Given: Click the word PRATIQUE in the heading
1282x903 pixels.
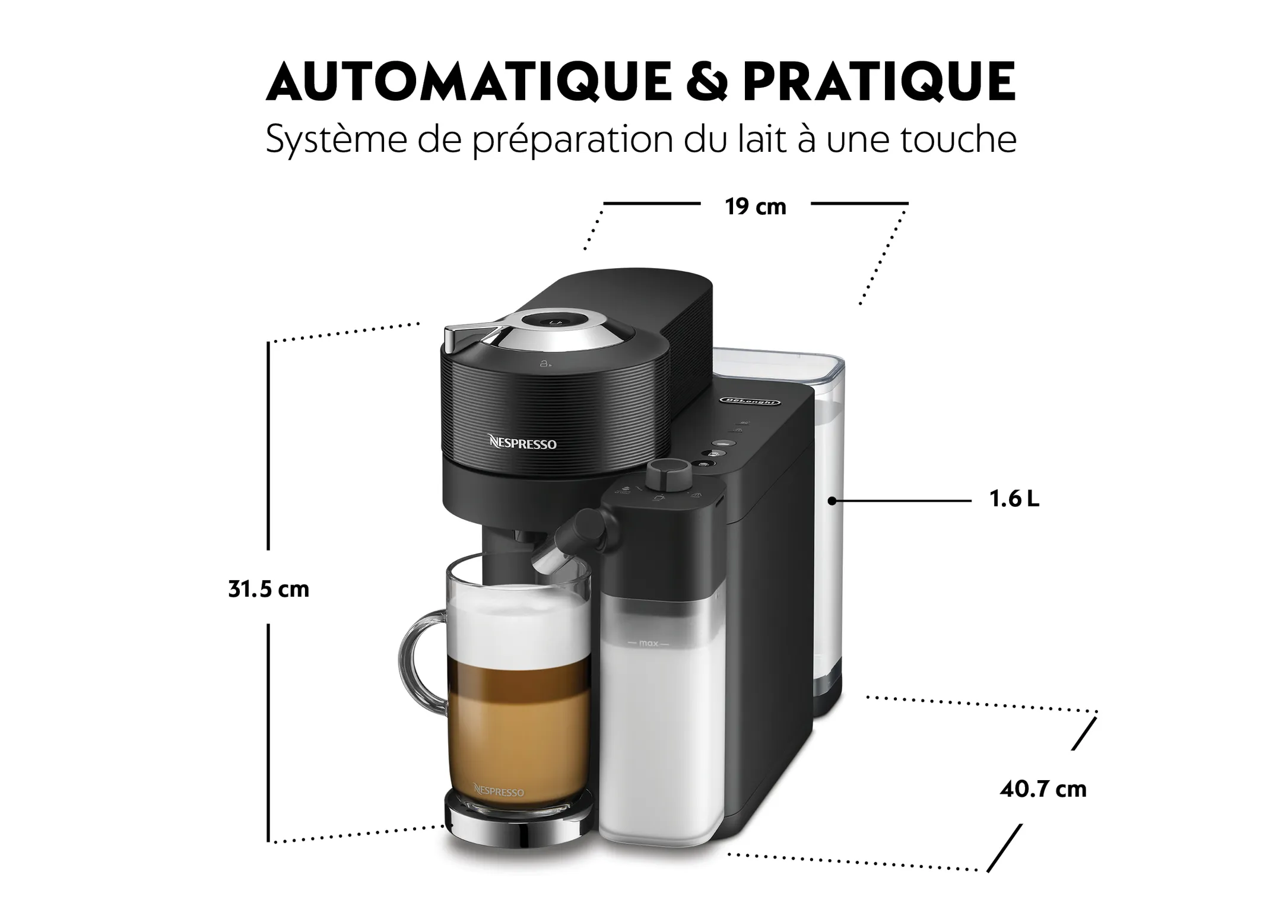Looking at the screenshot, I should pyautogui.click(x=879, y=82).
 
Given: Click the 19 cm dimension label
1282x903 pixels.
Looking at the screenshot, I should pyautogui.click(x=755, y=207).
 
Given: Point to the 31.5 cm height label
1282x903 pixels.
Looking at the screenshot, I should pyautogui.click(x=269, y=589).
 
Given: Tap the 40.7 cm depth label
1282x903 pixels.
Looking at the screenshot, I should pyautogui.click(x=1043, y=789).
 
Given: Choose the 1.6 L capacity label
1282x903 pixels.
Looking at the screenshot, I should pyautogui.click(x=1014, y=500).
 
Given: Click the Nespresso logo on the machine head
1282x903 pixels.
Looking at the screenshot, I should pyautogui.click(x=522, y=443).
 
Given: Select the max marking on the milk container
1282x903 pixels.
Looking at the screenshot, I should pyautogui.click(x=649, y=643).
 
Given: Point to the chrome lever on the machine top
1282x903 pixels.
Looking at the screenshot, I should pyautogui.click(x=469, y=330).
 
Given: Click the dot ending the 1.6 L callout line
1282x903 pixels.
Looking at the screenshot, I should pyautogui.click(x=832, y=501).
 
